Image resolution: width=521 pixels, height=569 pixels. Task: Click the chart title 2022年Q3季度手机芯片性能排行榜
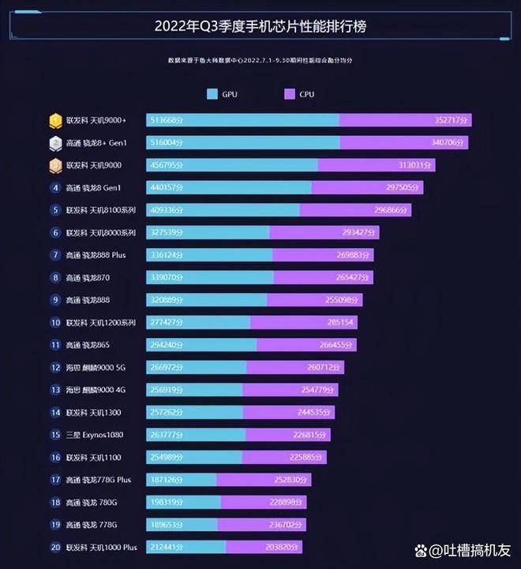(260, 26)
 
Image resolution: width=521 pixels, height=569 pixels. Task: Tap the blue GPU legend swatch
(212, 94)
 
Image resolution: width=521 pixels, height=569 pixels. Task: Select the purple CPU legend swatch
(289, 94)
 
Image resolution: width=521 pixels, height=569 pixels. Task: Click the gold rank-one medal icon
(56, 120)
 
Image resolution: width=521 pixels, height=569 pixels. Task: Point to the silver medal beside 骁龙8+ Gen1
(56, 143)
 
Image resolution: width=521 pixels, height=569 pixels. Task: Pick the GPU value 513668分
(167, 120)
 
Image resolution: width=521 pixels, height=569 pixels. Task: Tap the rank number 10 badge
(55, 322)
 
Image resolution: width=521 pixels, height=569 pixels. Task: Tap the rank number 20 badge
(55, 547)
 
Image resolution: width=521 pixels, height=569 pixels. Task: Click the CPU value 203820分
(282, 547)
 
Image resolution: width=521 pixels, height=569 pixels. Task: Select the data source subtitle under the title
(260, 60)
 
